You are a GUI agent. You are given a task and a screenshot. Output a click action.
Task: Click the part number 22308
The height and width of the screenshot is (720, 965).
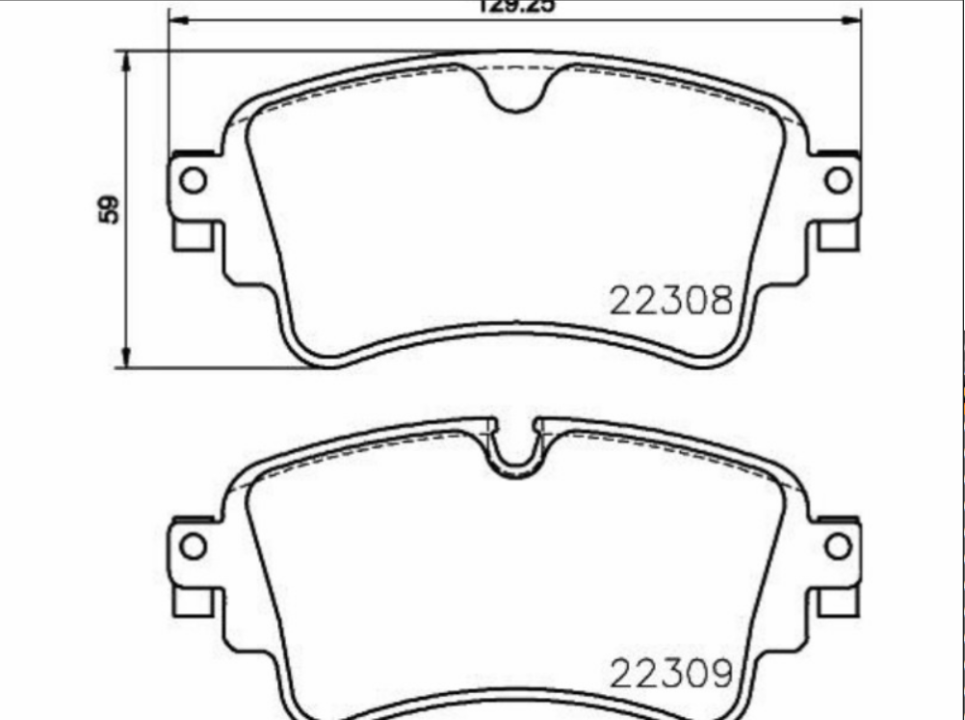point(670,301)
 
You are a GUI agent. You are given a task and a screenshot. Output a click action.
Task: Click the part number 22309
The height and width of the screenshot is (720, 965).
point(670,673)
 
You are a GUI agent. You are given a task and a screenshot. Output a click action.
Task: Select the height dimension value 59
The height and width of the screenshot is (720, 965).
point(112,209)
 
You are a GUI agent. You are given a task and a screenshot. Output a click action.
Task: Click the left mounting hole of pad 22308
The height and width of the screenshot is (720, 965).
point(194,180)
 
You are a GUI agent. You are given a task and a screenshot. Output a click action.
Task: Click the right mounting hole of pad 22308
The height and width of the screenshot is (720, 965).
point(838,180)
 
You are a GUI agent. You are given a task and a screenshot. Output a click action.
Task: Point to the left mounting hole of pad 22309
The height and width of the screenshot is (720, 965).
point(194,547)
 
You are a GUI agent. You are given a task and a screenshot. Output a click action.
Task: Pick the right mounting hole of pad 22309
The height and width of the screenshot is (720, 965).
point(838,547)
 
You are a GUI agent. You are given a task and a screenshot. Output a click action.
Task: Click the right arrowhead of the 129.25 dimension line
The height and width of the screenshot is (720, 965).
point(852,20)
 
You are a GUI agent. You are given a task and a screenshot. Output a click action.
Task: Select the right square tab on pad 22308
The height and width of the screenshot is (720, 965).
point(838,235)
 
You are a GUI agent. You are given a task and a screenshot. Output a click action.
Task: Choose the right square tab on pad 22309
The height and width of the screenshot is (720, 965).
point(838,600)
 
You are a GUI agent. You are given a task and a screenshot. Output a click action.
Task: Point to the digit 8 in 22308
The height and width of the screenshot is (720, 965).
point(720,301)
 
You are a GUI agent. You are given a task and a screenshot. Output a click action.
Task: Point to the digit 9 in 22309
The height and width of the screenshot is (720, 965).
point(720,673)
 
